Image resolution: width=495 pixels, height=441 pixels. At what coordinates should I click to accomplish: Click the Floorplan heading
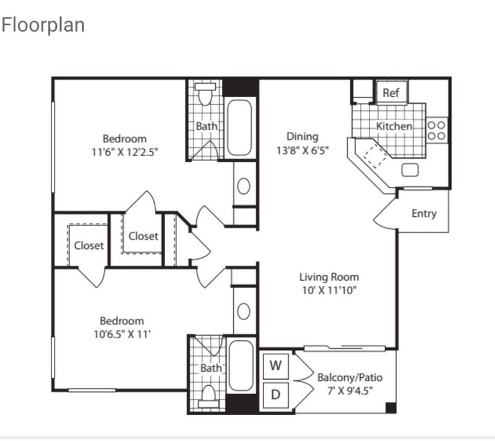43,25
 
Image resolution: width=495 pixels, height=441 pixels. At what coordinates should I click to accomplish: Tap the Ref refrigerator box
392,92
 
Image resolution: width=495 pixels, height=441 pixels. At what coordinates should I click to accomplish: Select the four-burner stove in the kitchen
437,130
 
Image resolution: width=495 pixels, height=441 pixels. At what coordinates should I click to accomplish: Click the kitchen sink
410,170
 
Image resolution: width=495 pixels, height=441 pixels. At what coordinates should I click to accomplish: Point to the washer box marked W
275,365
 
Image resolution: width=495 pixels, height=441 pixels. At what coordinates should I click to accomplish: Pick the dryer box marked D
275,395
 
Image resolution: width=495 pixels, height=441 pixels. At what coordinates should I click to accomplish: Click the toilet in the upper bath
205,94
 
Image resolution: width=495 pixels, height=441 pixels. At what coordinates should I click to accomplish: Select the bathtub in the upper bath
239,128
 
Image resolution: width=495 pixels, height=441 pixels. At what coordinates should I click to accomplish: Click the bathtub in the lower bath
241,365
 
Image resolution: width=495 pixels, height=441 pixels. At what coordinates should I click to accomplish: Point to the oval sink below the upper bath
244,186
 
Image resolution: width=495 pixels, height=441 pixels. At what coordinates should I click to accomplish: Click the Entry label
424,214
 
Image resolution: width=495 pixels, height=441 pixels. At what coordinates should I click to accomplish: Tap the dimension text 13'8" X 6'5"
303,151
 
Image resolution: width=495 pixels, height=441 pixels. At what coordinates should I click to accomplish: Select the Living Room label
329,277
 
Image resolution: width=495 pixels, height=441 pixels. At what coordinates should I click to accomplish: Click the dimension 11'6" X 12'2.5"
125,152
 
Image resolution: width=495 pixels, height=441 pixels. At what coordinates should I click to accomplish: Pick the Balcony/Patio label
350,377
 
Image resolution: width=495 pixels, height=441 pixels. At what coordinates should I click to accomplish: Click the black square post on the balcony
391,408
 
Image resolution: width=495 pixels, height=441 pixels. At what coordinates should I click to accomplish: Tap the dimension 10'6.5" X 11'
122,334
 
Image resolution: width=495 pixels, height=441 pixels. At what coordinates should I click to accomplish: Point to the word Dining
303,137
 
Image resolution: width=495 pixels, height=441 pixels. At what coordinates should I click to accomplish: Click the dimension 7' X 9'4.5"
350,391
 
